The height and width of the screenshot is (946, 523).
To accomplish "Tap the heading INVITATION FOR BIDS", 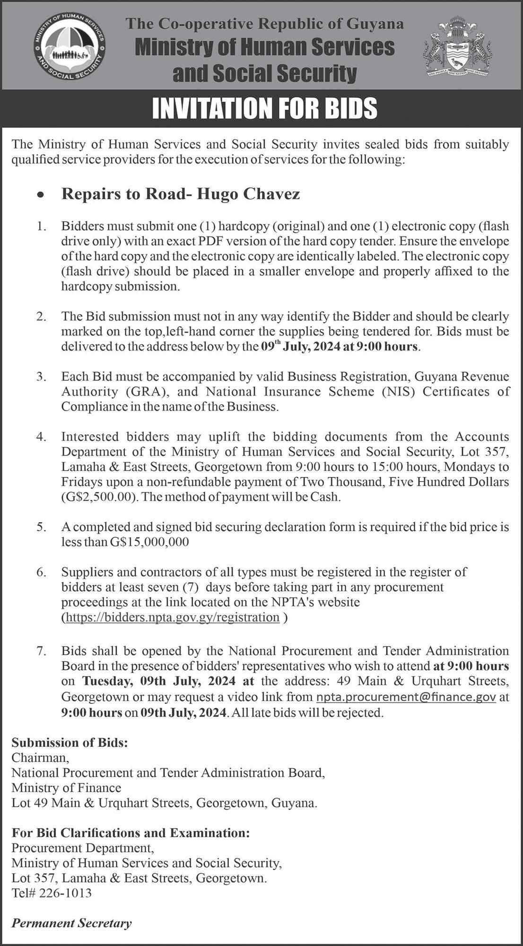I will [x=265, y=108].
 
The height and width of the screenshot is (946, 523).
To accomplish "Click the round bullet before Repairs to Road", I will [x=42, y=195].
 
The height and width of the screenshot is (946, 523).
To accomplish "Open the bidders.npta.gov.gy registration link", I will [x=172, y=617].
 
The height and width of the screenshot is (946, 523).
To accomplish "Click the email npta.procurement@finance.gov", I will [x=406, y=697].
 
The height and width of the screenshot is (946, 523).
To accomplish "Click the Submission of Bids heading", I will [x=70, y=743].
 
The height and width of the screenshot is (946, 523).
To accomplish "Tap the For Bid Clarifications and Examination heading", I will [x=131, y=832].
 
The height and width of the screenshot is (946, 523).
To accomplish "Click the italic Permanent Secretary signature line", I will [x=71, y=923].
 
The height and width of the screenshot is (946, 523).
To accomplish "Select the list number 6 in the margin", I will [x=41, y=572].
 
